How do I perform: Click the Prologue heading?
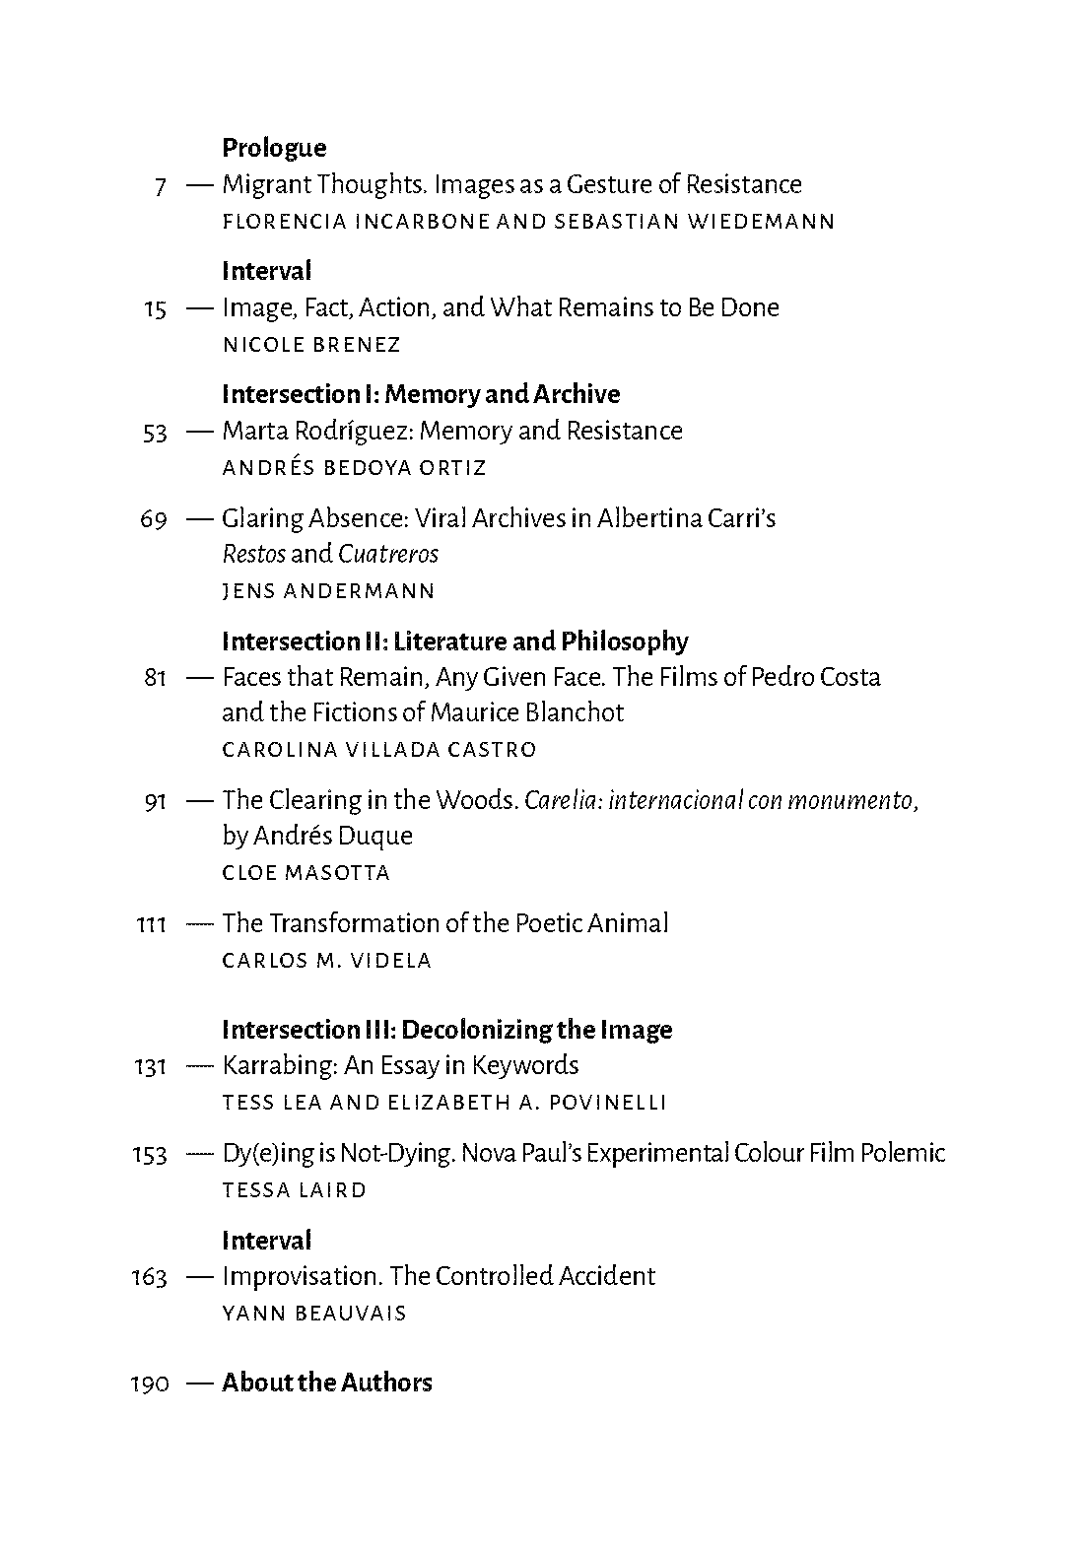pos(274,148)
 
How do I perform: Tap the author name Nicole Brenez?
pos(311,345)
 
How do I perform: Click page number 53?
pos(155,433)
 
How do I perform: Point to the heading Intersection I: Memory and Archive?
pos(421,394)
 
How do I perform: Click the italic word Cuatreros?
pos(388,554)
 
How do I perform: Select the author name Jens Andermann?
pos(328,591)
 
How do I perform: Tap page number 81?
pos(155,679)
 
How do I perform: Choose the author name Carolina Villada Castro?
pos(379,750)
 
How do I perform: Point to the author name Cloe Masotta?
pos(306,873)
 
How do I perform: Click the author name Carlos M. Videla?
pos(327,961)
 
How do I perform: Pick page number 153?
pos(149,1155)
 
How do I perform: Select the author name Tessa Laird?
pos(295,1190)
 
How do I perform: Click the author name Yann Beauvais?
pos(314,1314)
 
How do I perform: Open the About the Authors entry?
pos(327,1383)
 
